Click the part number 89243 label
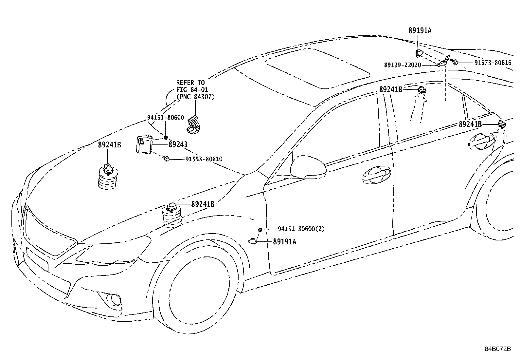pos(178,144)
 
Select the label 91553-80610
pos(204,159)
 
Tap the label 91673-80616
pos(493,63)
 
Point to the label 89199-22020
pos(403,65)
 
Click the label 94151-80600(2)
pos(301,229)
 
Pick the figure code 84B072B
pos(498,349)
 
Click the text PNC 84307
pos(196,97)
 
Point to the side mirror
pos(308,167)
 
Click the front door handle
pos(376,175)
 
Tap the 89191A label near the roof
pos(420,30)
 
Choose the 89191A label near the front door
pos(285,242)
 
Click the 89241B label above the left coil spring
pos(109,145)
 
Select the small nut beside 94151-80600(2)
pos(260,230)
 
